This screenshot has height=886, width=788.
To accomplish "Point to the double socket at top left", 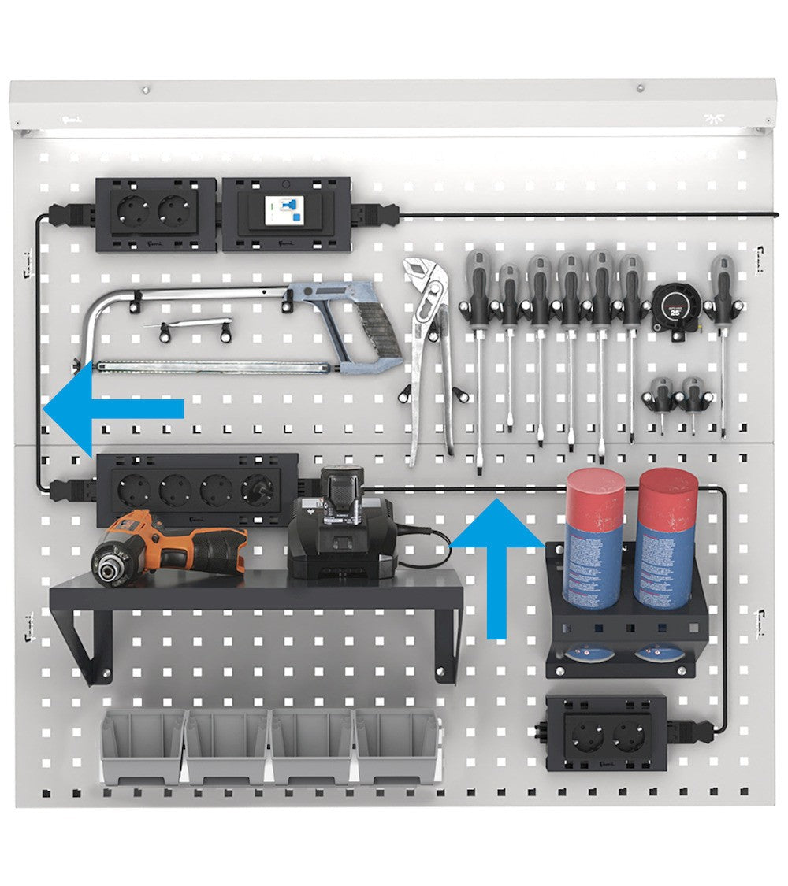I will point(155,213).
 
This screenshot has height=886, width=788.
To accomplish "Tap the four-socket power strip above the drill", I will point(197,489).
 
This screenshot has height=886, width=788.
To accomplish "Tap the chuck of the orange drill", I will point(106,565).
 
